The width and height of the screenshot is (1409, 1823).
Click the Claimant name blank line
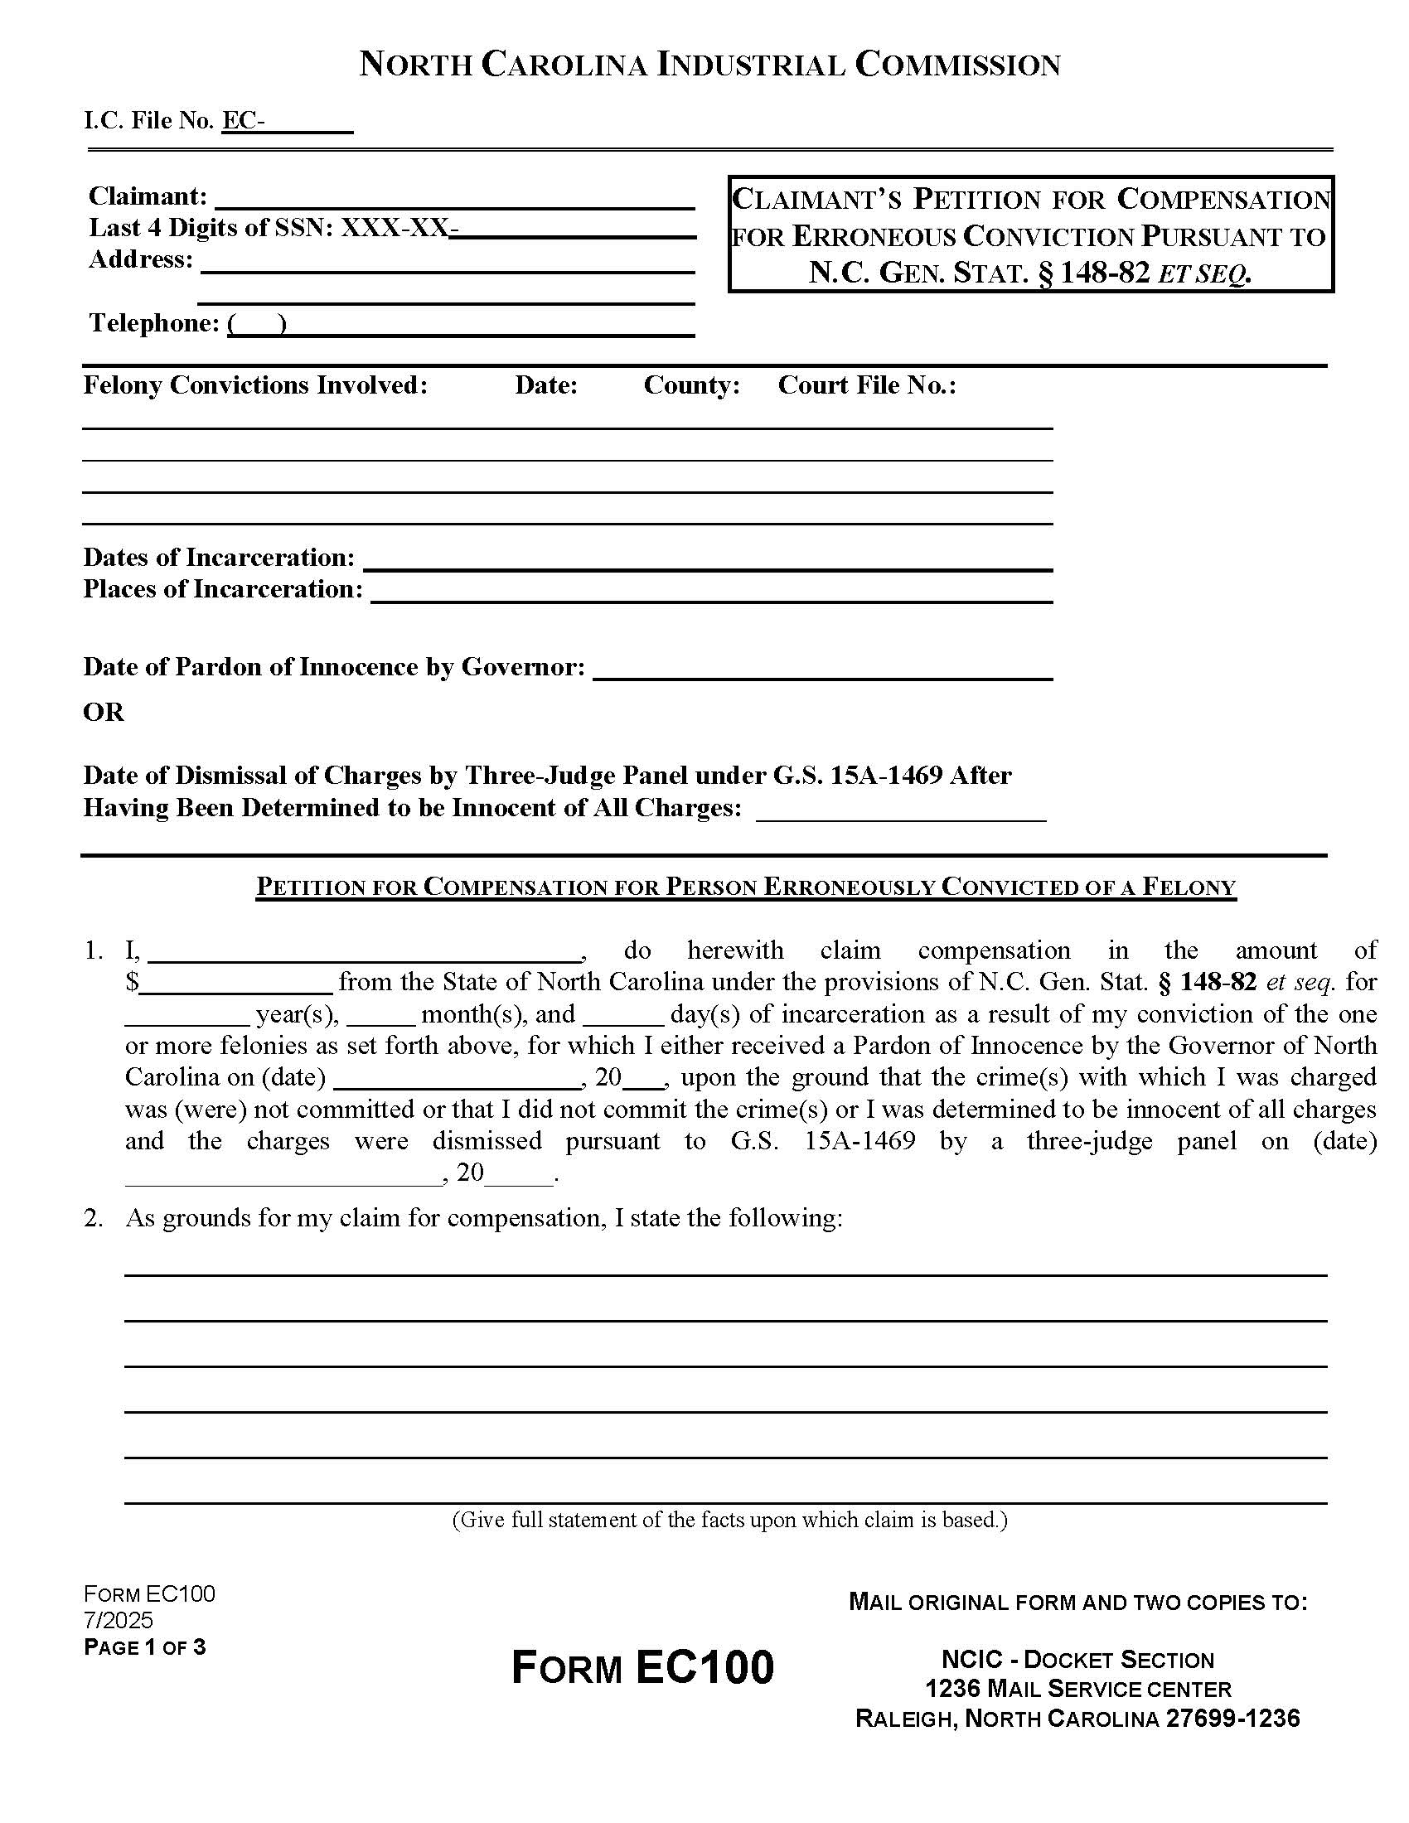[454, 200]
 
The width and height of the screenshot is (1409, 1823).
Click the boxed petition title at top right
[1030, 235]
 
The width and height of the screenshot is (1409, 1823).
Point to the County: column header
[691, 384]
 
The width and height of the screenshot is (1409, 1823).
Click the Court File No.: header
[866, 384]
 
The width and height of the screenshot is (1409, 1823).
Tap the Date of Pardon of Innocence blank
[822, 671]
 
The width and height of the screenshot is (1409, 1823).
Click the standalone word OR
[104, 712]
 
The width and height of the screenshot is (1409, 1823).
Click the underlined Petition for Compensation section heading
[745, 887]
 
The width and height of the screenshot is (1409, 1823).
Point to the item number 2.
[94, 1218]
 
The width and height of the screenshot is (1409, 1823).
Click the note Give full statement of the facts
[729, 1520]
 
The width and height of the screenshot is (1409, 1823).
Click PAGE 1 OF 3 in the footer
[144, 1647]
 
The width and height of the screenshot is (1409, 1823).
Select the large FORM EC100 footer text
[642, 1668]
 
